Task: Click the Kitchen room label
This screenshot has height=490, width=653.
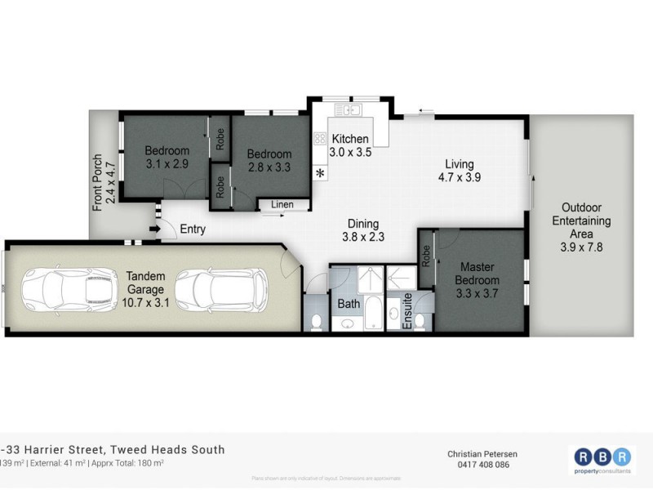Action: point(349,139)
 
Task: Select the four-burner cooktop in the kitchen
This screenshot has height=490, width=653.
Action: point(320,139)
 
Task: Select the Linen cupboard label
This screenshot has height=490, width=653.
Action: point(282,204)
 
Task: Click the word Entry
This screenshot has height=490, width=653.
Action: point(193,229)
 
